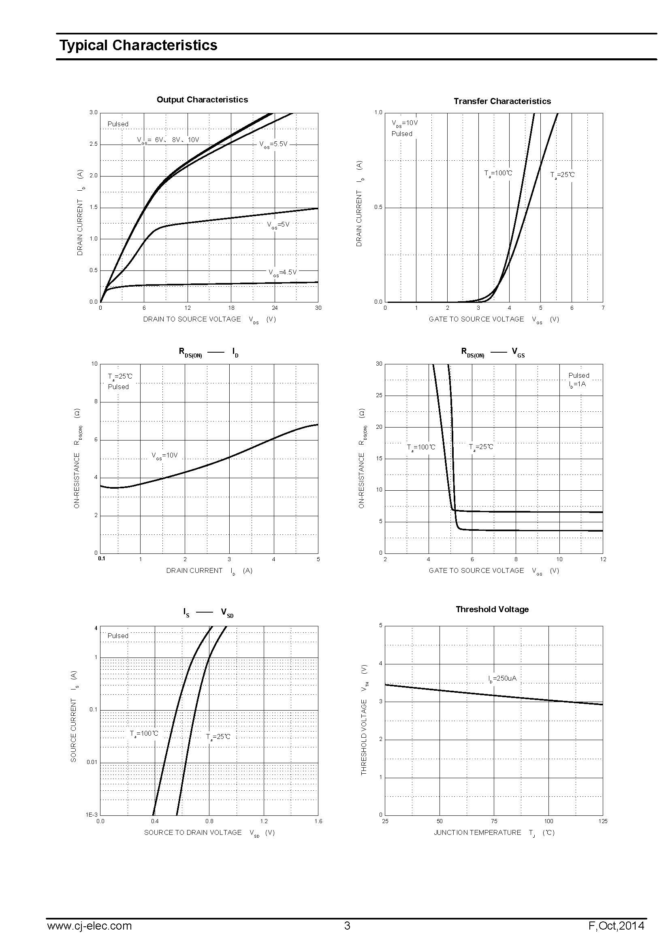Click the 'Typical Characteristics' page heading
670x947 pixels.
[138, 45]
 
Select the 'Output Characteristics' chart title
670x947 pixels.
[202, 100]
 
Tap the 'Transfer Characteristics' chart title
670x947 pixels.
[502, 101]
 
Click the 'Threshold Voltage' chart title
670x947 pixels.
[492, 609]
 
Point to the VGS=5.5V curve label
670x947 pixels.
[273, 145]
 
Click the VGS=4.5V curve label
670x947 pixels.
[282, 272]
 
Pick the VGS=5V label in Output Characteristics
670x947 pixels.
[278, 225]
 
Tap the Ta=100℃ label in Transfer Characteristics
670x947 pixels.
[498, 173]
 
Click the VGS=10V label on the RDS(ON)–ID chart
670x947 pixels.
[164, 455]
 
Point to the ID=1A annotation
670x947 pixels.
[577, 384]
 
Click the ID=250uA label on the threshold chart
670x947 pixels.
[502, 679]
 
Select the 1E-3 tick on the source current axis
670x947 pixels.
[92, 815]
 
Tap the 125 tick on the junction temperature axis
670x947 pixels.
[602, 821]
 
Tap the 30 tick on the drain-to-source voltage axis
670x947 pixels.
[318, 308]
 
